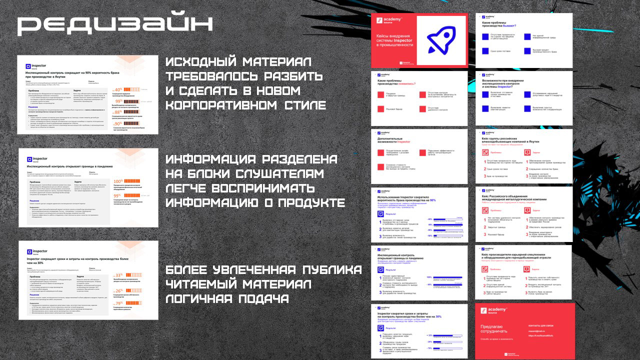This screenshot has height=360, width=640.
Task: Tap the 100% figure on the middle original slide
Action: tap(118, 181)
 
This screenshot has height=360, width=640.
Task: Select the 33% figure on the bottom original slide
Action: tap(118, 275)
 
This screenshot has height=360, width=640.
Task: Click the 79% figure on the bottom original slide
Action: tap(118, 303)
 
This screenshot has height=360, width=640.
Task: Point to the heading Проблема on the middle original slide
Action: tap(35, 182)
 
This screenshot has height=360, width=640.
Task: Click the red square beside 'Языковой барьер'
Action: tap(380, 108)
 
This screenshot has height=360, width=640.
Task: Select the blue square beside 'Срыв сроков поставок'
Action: tap(484, 51)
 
